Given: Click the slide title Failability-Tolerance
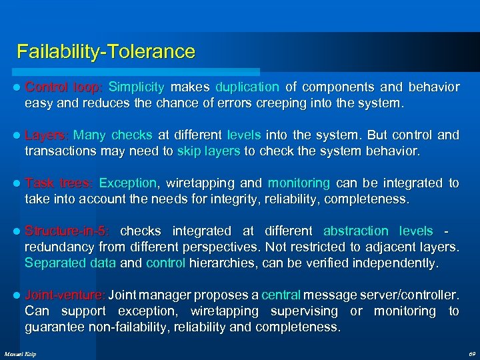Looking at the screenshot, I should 106,52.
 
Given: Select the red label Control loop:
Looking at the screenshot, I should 64,87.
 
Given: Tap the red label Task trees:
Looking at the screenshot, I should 59,183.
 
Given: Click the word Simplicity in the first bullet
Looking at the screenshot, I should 136,87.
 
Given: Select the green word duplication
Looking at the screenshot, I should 247,87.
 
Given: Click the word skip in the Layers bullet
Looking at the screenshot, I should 189,151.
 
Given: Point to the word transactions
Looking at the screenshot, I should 61,151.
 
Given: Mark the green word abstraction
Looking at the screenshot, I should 355,231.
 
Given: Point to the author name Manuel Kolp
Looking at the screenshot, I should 20,353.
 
